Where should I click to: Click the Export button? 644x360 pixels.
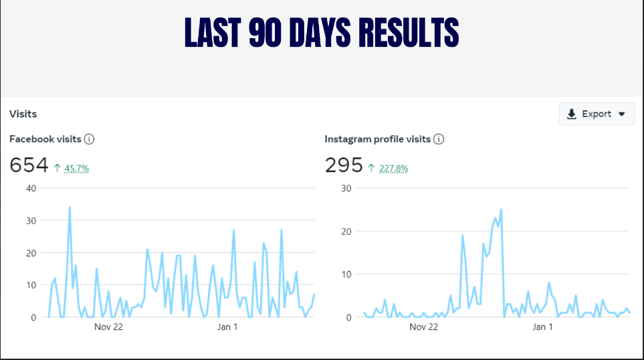[597, 114]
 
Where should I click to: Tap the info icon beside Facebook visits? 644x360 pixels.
[89, 139]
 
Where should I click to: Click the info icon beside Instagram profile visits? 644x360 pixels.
[439, 139]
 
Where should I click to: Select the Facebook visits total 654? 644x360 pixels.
[29, 165]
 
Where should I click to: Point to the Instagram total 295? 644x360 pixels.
[344, 165]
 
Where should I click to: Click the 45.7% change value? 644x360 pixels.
[77, 168]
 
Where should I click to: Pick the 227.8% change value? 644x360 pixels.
[393, 168]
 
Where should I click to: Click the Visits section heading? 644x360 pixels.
[23, 114]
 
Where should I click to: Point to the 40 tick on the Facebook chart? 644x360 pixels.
[30, 187]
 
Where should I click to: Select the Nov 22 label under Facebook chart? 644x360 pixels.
[109, 327]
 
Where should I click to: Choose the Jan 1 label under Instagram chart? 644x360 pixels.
[542, 327]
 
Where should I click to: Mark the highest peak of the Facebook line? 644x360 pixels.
[70, 207]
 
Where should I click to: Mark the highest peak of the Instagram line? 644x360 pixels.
[501, 209]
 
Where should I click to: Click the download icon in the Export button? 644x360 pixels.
[572, 114]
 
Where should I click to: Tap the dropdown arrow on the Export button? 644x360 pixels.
[622, 114]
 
